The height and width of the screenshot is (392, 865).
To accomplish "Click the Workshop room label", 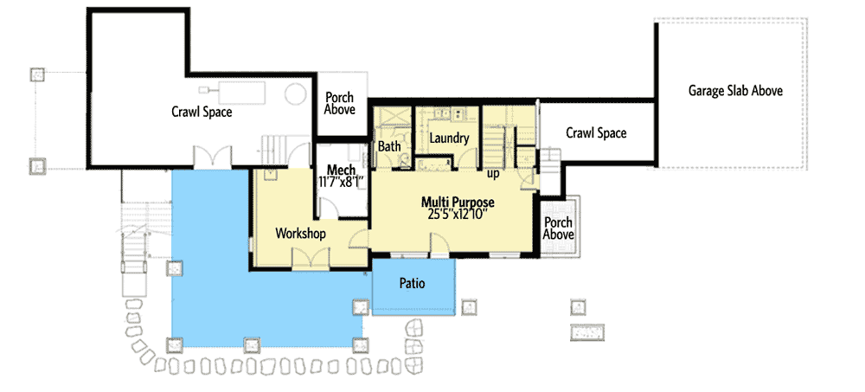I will click(299, 234).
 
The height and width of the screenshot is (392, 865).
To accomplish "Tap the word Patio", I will click(412, 283).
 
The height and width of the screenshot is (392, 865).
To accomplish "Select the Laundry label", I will click(449, 138).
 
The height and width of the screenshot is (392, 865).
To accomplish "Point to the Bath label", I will click(389, 147).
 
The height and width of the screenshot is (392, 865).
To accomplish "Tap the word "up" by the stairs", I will click(494, 174).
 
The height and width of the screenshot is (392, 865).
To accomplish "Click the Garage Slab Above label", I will click(735, 90).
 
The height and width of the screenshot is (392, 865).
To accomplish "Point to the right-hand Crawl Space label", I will click(596, 133).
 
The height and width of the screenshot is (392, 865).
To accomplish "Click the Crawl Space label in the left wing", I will click(202, 112).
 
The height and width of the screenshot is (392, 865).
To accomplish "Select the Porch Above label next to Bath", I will click(339, 104).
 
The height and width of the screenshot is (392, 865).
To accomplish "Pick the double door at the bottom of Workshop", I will click(308, 259).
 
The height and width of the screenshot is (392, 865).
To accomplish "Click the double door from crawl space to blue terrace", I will click(212, 158).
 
